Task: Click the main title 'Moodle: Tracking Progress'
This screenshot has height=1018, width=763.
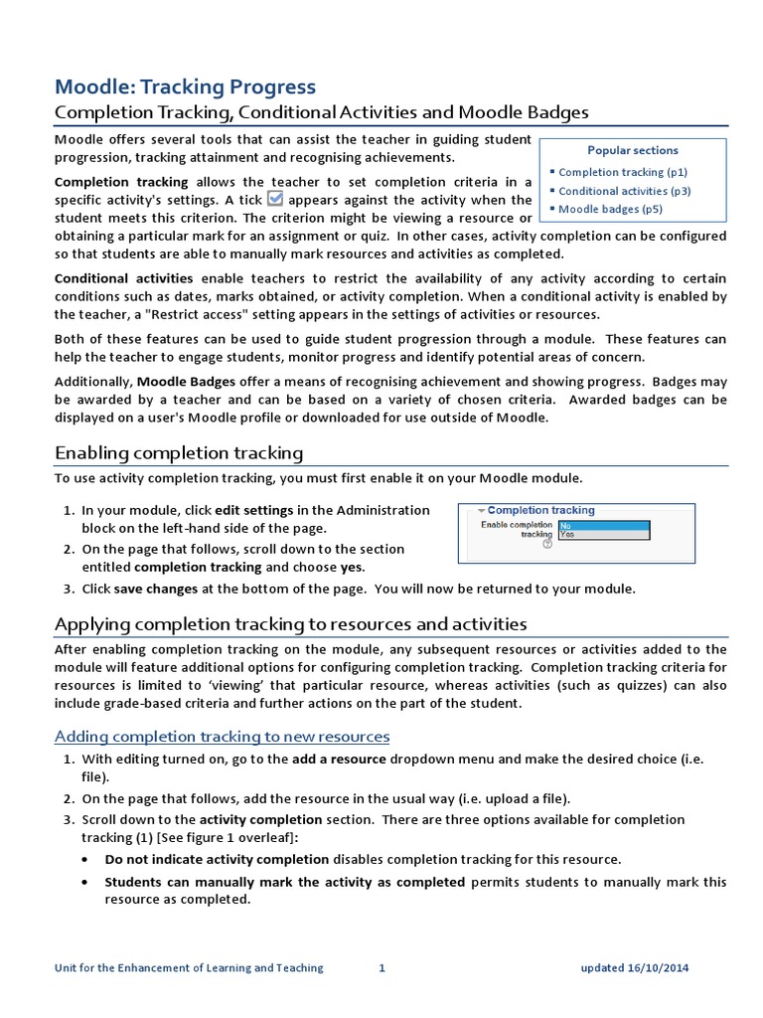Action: coord(185,86)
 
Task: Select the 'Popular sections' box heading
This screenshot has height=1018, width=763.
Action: coord(633,150)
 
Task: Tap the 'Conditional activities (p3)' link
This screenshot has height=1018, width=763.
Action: coord(624,191)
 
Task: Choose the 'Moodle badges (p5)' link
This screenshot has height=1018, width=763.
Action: coord(610,209)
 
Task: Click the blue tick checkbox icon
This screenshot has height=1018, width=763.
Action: coord(276,199)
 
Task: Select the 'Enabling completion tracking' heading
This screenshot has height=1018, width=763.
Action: coord(179,453)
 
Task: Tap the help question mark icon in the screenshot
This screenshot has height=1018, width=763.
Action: coord(546,544)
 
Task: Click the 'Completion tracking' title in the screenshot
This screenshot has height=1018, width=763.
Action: coord(540,510)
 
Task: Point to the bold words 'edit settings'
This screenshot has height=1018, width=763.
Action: coord(254,510)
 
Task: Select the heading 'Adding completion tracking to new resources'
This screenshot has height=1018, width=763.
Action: coord(222,736)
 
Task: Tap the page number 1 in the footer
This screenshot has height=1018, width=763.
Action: coord(381,967)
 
